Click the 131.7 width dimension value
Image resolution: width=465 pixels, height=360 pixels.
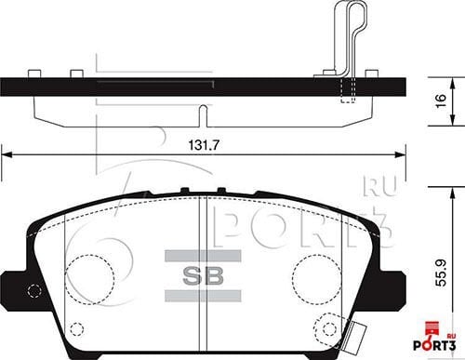(x=204, y=145)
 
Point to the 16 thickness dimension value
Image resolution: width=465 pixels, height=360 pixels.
(x=441, y=100)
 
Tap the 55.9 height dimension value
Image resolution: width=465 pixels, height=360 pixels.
(x=441, y=273)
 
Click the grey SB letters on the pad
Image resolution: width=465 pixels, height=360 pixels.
(x=203, y=275)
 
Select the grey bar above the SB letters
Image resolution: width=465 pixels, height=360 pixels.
(x=203, y=256)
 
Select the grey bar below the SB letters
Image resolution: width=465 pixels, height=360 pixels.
(x=203, y=296)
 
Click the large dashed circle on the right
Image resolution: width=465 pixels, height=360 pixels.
(x=316, y=279)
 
